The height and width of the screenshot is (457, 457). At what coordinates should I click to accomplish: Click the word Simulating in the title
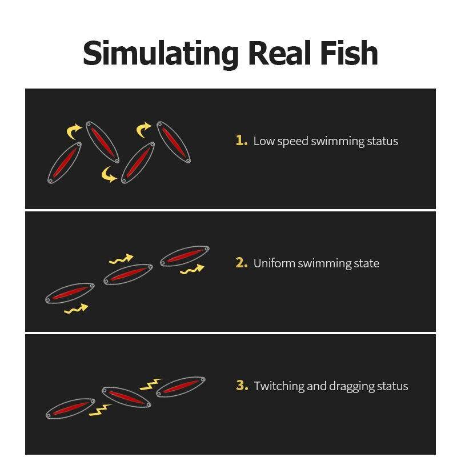161,54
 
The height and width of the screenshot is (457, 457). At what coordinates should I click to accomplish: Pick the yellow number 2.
242,263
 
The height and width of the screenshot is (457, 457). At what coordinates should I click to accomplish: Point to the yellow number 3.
242,385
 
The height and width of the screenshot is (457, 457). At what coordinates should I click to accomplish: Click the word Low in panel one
264,141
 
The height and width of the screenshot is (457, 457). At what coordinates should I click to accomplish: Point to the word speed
292,142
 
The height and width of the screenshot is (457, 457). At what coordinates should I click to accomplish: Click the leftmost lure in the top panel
65,163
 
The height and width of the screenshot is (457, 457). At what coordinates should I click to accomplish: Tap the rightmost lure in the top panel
174,142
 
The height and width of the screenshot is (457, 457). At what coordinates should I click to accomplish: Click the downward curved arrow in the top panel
109,174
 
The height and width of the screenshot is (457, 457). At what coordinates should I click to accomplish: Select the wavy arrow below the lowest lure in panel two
76,309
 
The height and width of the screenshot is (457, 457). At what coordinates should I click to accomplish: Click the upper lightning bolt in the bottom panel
151,384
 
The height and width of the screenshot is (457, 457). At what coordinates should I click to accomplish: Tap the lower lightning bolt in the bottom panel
100,410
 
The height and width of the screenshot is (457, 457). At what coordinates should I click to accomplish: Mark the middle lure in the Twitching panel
126,397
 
